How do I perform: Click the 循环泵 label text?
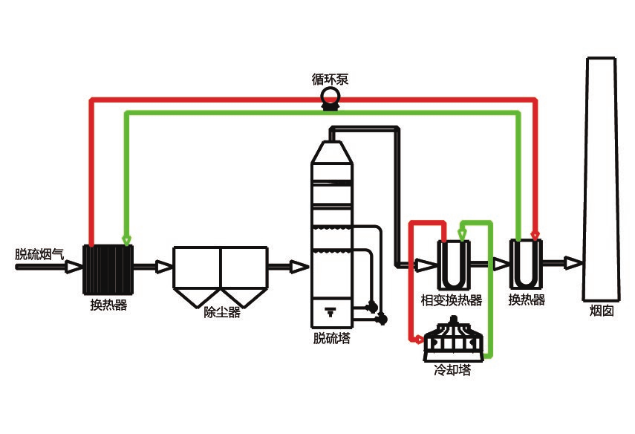point(330,79)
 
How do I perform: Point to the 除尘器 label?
point(222,313)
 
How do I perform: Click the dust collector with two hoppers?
point(220,276)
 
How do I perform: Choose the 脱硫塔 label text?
point(332,339)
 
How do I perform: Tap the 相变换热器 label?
point(452,300)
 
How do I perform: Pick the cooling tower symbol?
point(454,339)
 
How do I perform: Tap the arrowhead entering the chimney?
point(572,262)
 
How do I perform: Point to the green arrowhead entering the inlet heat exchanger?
point(126,239)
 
